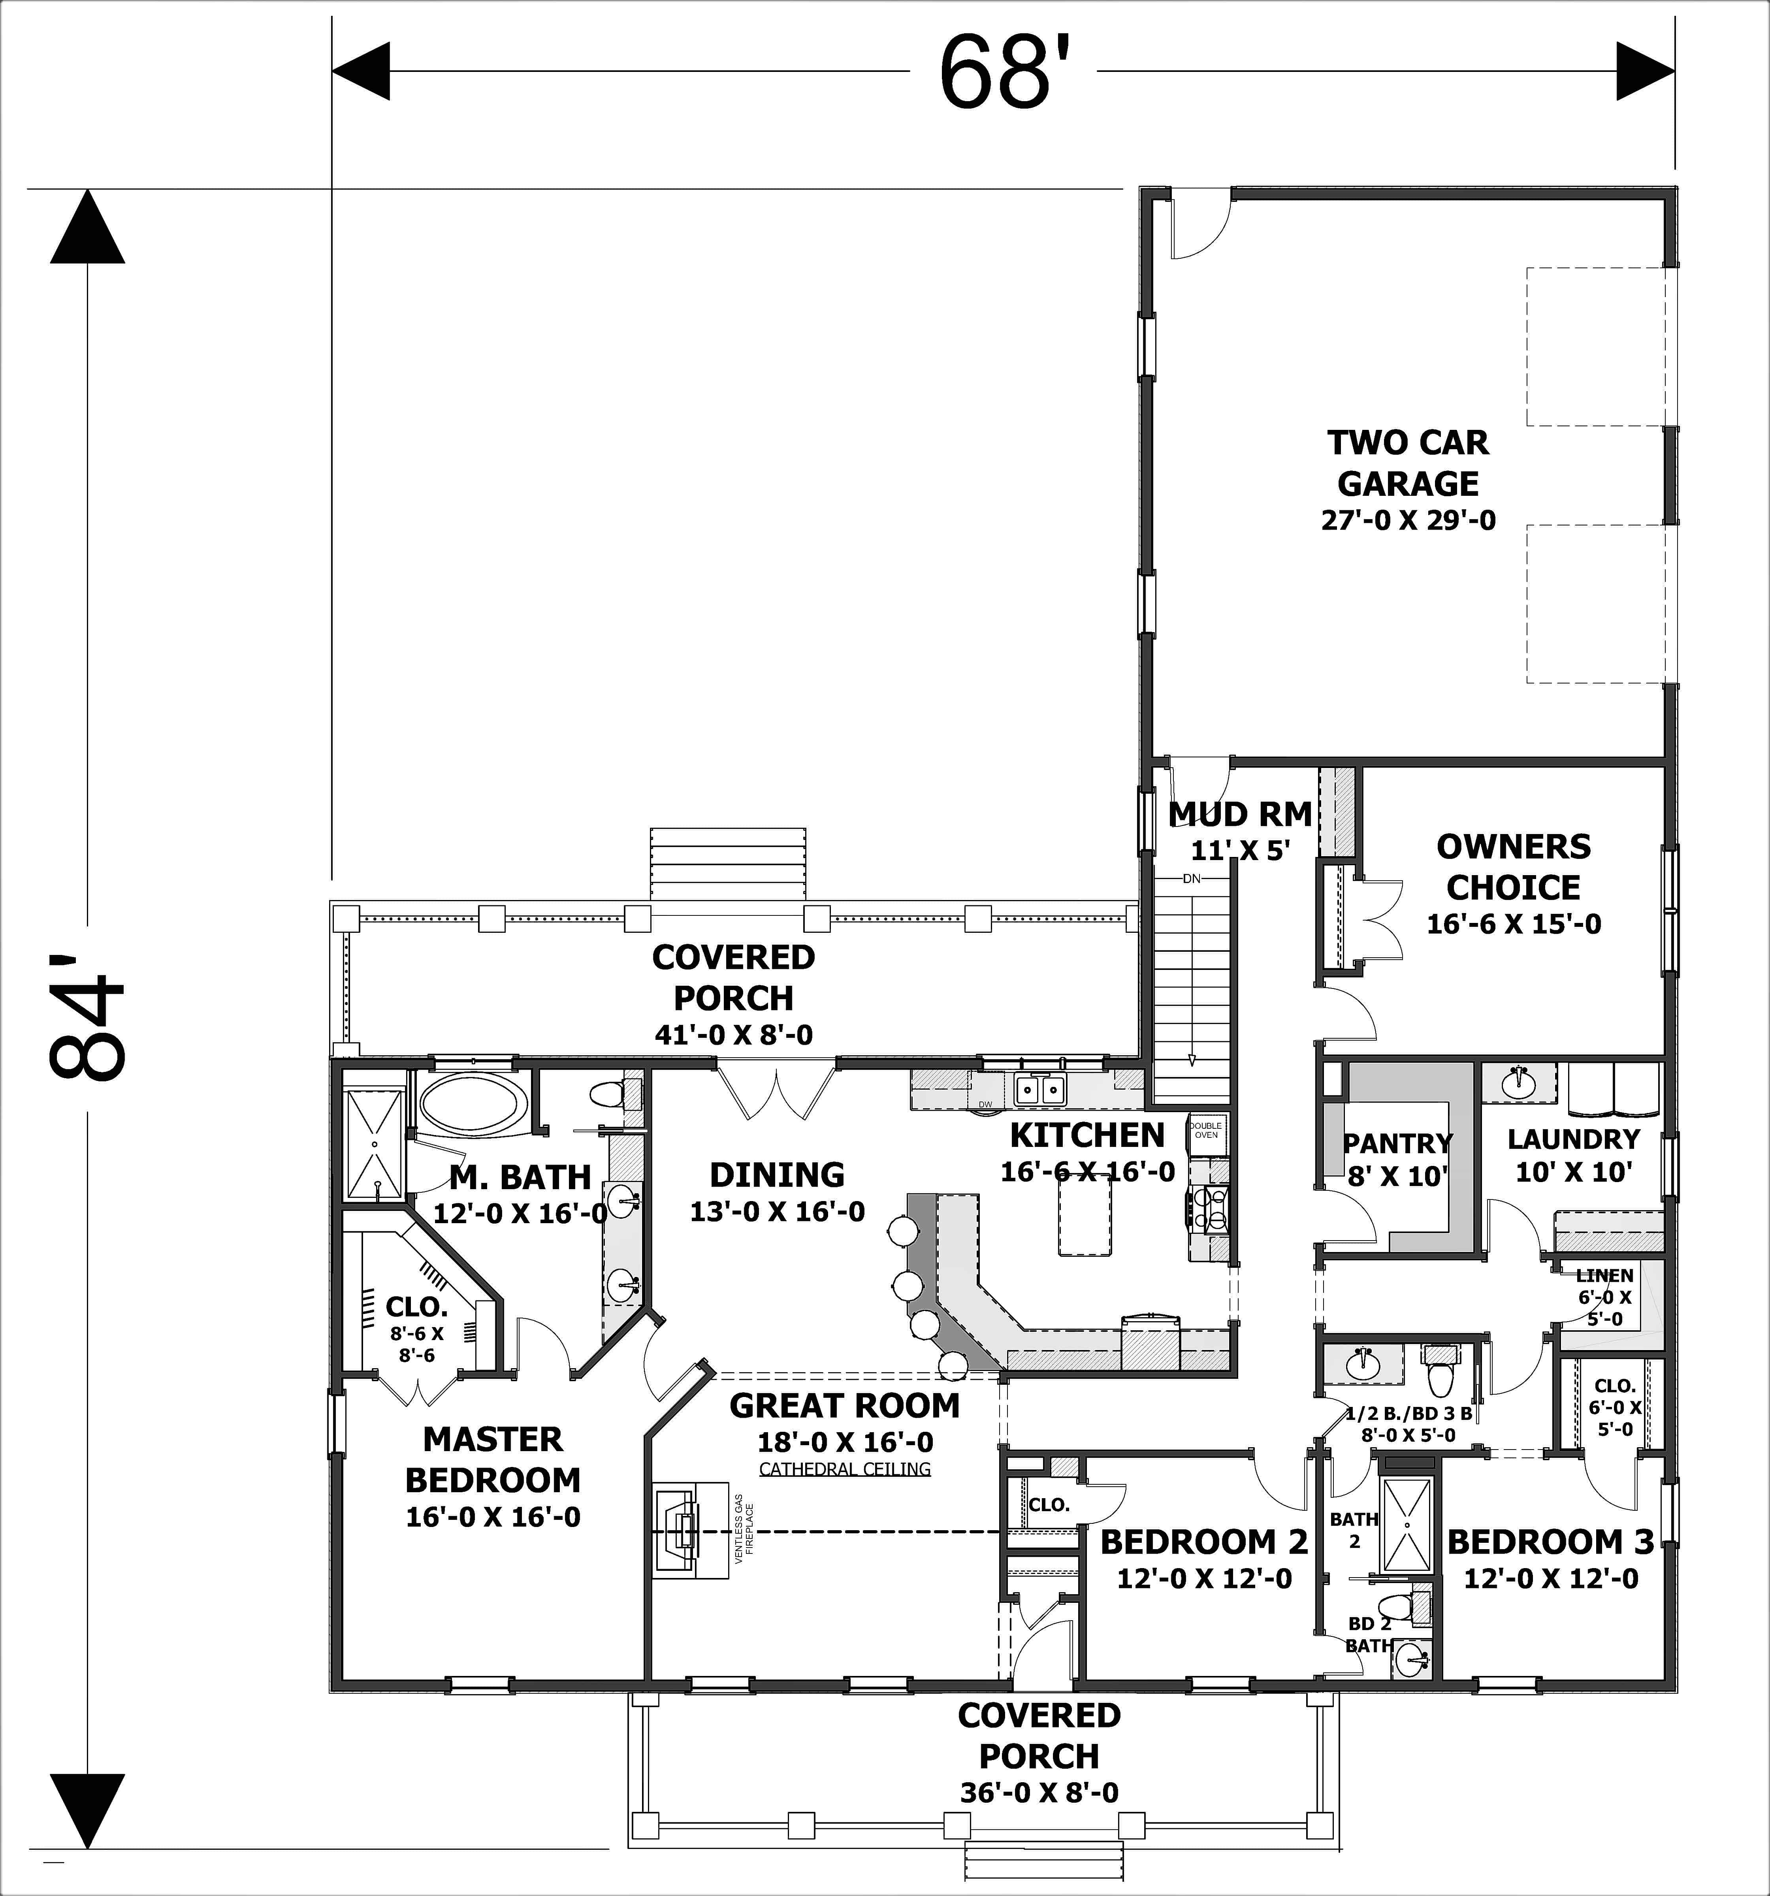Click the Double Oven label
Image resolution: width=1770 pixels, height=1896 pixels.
(x=1206, y=1130)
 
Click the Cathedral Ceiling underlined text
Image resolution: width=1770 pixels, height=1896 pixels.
(x=845, y=1469)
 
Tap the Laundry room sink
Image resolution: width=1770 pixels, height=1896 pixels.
(x=1517, y=1083)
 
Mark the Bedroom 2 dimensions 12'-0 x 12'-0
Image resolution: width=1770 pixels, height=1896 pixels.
(x=1205, y=1578)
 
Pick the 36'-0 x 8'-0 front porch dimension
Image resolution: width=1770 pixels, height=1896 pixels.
(x=1039, y=1793)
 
